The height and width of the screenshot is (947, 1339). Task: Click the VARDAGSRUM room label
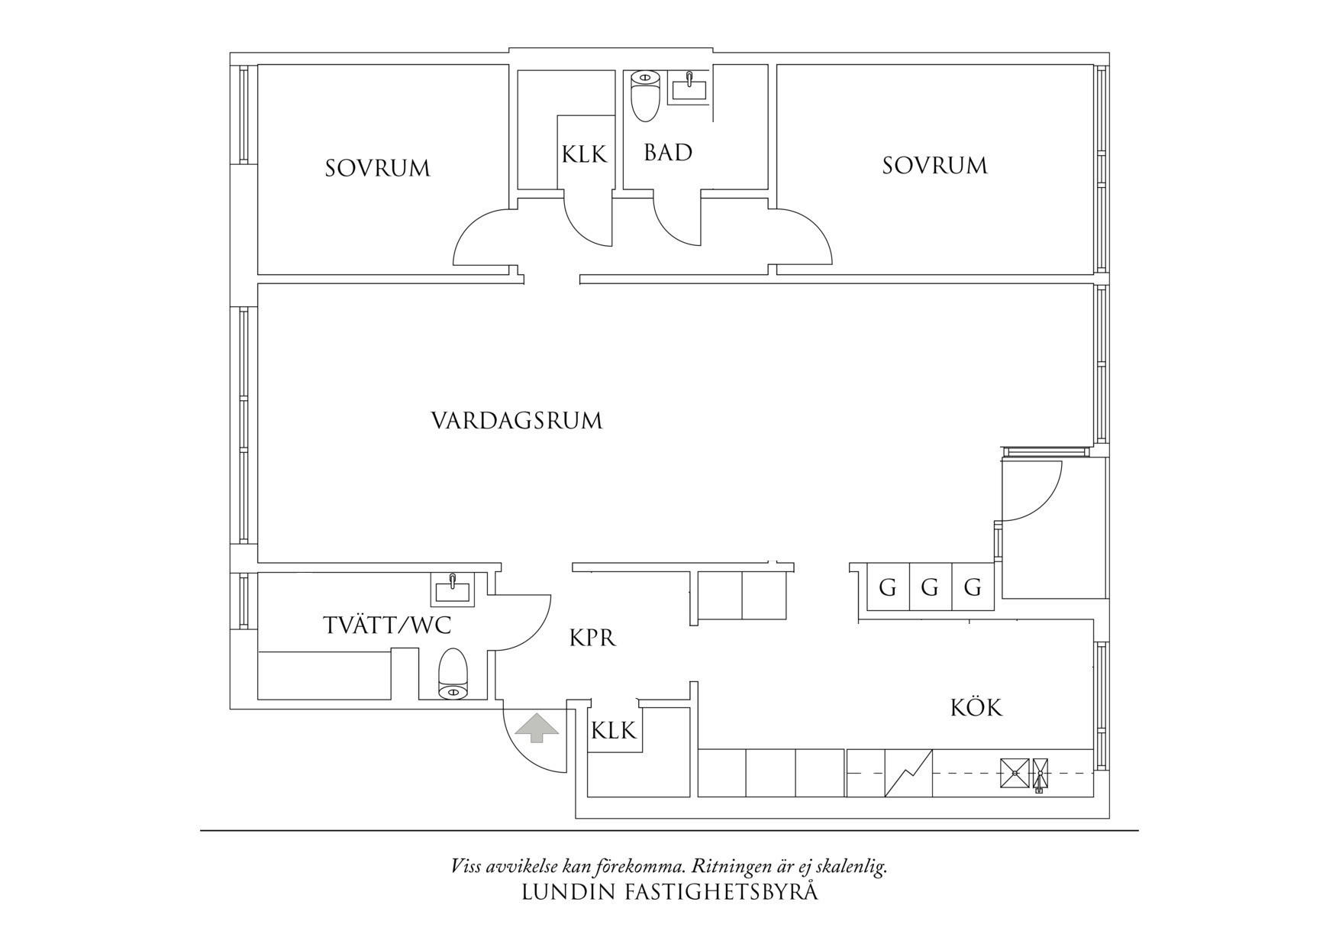pos(517,421)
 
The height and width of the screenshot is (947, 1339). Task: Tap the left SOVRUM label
pos(377,168)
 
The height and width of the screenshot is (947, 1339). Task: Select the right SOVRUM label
pos(934,166)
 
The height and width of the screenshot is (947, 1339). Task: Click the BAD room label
pos(668,153)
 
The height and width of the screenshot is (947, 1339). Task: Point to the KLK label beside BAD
pos(584,155)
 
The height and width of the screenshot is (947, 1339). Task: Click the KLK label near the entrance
pos(613,731)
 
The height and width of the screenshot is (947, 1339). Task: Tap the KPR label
pos(592,638)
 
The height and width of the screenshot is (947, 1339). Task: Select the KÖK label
pos(976,708)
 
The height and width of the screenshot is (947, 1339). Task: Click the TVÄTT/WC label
pos(387,626)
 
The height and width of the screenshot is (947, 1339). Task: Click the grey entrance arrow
pos(537,727)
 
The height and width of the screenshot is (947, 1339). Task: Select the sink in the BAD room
pos(689,86)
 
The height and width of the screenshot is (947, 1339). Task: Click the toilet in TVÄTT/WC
pos(453,674)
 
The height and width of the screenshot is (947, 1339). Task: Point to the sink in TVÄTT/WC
pos(453,589)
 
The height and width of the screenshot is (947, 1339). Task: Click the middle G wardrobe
pos(929,588)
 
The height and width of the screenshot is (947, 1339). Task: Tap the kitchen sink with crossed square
pos(1014,773)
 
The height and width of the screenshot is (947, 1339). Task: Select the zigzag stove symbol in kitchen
pos(908,773)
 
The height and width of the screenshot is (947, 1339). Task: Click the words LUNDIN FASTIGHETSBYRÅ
pos(669,892)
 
